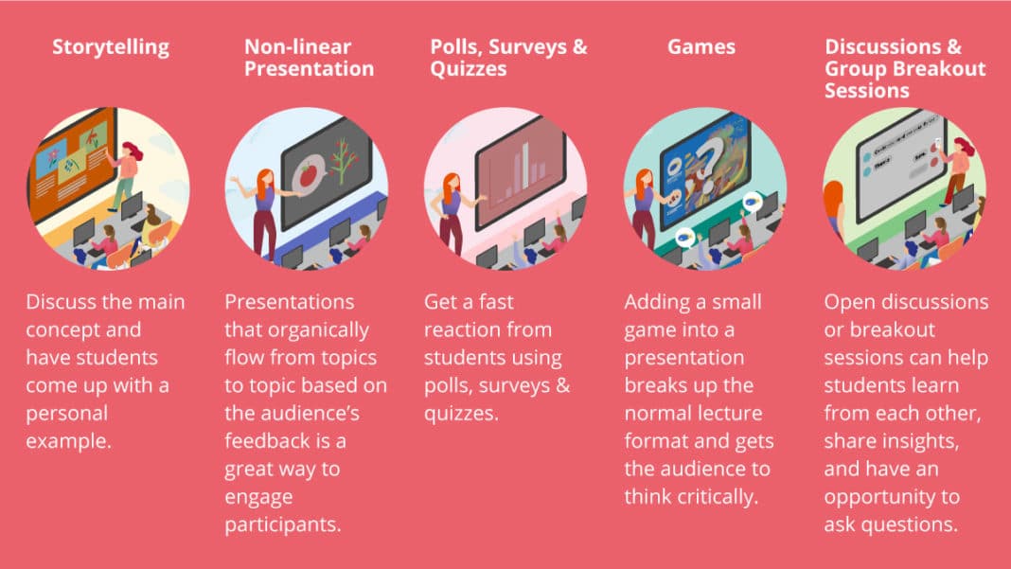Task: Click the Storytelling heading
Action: [x=111, y=47]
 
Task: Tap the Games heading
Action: [x=701, y=46]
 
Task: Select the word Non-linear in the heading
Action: [x=298, y=46]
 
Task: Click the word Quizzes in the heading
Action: [x=468, y=69]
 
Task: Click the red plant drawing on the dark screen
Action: [x=343, y=159]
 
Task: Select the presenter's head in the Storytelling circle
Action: [x=133, y=151]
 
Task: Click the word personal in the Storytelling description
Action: [x=67, y=414]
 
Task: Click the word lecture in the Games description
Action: [x=730, y=413]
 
